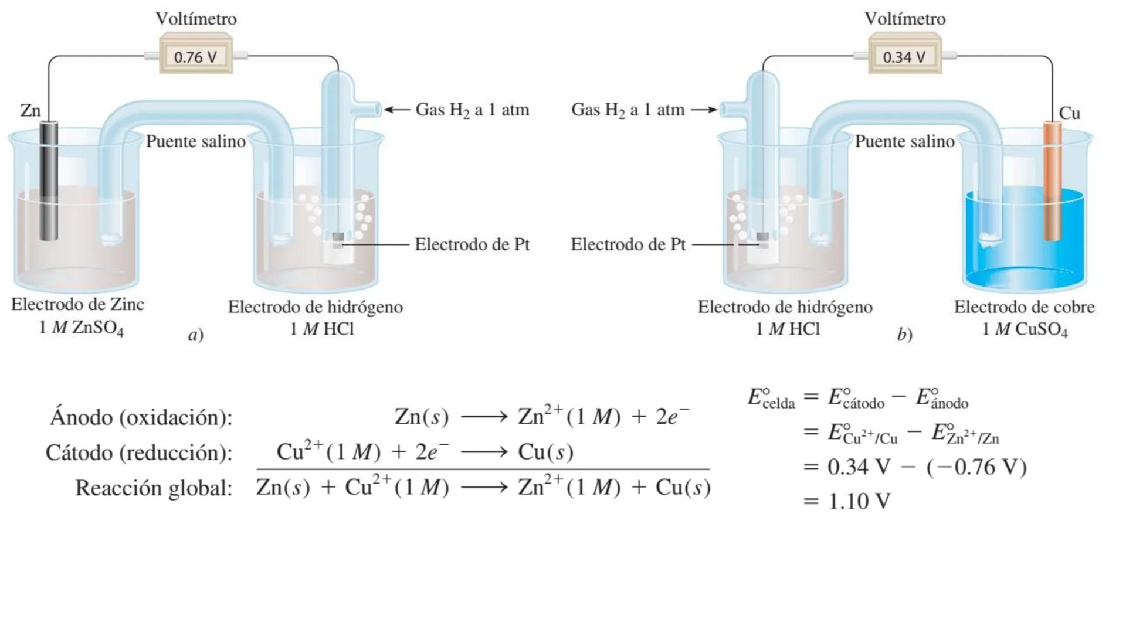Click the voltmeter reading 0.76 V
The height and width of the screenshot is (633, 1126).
click(196, 56)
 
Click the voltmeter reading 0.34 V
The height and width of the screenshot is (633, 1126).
click(904, 56)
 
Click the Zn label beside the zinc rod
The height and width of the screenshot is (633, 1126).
click(30, 110)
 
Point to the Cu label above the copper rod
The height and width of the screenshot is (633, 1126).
click(1069, 113)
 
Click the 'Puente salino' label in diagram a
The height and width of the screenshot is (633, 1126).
click(196, 141)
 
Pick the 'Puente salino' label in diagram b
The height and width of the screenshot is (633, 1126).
click(904, 141)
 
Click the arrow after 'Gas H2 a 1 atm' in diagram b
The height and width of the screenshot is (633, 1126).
click(704, 110)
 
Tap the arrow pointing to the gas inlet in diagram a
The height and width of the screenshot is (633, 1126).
click(397, 110)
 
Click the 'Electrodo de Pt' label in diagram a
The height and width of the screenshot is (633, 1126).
click(472, 244)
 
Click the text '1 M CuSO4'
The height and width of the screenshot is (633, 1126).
click(1025, 329)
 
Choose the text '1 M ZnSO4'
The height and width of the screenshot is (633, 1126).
click(81, 328)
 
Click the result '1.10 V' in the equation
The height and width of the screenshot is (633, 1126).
click(859, 501)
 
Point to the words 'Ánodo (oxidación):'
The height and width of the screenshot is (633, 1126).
click(141, 417)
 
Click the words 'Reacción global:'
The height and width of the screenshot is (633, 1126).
click(154, 488)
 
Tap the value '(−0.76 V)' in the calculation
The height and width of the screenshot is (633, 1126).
click(976, 467)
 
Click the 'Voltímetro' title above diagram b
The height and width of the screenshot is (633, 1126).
click(904, 19)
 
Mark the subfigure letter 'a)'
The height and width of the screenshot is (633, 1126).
click(196, 335)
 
